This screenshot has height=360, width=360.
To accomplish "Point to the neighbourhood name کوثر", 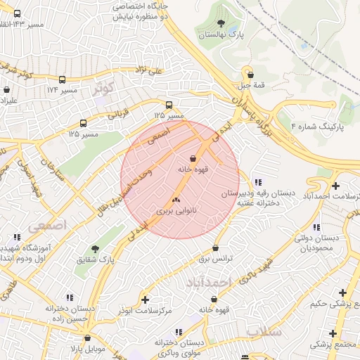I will pyautogui.click(x=102, y=89).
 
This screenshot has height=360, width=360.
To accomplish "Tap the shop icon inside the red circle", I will pyautogui.click(x=193, y=157).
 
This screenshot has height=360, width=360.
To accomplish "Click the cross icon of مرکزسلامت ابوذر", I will pyautogui.click(x=145, y=300).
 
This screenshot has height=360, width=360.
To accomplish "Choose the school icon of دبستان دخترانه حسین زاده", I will pyautogui.click(x=67, y=298).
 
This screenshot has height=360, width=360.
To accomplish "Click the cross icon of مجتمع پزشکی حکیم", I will pyautogui.click(x=342, y=292).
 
